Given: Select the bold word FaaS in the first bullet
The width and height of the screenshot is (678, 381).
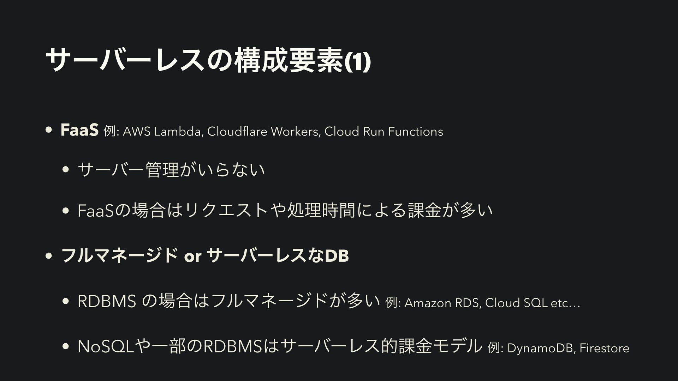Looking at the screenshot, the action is (79, 131).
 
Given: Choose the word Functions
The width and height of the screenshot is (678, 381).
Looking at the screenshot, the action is (416, 132).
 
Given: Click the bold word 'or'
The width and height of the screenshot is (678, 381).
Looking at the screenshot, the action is (192, 256).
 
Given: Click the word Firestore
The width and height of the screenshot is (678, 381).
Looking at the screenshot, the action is (604, 348).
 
